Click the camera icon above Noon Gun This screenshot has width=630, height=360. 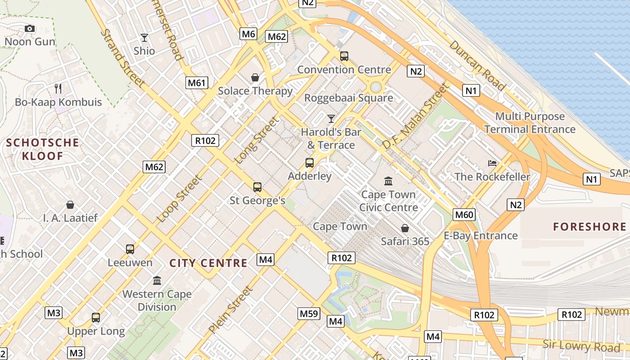click(x=30, y=29)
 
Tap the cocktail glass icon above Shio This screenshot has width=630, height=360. click(x=144, y=38)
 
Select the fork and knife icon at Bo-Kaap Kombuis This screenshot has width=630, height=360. click(x=58, y=88)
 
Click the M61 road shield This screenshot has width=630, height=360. click(x=197, y=82)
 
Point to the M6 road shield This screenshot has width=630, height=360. click(x=248, y=34)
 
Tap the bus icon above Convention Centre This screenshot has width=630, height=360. click(x=344, y=56)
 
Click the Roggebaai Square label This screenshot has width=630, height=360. click(x=348, y=98)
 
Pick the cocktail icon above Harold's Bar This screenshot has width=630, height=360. click(x=331, y=119)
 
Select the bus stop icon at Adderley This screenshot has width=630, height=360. click(x=310, y=163)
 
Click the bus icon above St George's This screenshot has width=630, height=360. click(x=257, y=187)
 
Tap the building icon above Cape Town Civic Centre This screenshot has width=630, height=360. click(x=388, y=181)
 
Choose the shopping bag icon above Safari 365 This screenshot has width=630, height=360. click(x=405, y=228)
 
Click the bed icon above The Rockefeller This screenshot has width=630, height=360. click(x=492, y=163)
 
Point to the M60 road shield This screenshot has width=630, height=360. click(x=464, y=215)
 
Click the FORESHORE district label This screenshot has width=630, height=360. click(x=589, y=227)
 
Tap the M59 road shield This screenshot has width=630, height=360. click(x=309, y=314)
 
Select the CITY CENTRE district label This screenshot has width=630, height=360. click(x=208, y=263)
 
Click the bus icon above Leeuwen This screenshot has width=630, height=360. click(x=130, y=249)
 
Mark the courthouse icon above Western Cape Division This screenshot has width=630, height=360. click(x=157, y=281)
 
